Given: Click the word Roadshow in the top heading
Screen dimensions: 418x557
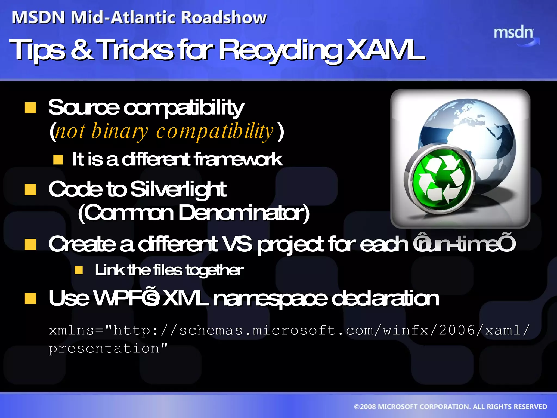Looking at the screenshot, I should [x=224, y=18].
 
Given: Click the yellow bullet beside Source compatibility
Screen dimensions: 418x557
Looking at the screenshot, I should [x=30, y=108].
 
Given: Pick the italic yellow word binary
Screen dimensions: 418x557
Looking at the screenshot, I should [x=120, y=131].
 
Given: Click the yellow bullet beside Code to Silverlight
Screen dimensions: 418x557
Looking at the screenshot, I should [x=30, y=190].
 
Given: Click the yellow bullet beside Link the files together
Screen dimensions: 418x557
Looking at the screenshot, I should [x=79, y=270].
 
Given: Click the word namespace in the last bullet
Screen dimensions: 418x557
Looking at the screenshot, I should [x=271, y=298].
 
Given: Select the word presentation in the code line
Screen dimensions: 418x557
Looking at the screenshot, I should [x=104, y=348].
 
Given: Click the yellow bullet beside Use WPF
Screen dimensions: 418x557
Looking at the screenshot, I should [x=30, y=299].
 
